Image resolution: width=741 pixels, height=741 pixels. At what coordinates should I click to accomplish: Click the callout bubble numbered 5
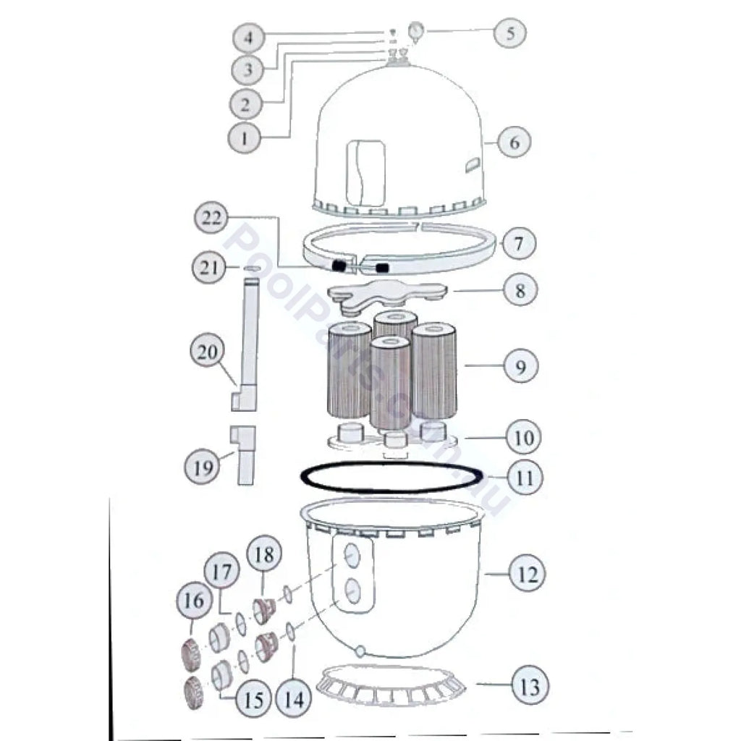tap(510, 33)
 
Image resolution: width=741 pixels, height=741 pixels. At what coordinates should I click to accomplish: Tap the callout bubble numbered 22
tap(211, 218)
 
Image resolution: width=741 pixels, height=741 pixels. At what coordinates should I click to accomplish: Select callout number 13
tap(529, 685)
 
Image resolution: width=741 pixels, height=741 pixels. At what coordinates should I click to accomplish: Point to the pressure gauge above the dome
tap(416, 31)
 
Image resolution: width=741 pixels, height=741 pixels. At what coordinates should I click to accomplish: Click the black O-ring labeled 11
tap(392, 477)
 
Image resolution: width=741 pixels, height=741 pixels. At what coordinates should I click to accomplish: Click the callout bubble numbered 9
tap(520, 366)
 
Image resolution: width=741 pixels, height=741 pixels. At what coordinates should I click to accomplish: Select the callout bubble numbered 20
tap(206, 351)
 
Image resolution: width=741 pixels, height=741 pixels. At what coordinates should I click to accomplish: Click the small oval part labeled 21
tap(252, 268)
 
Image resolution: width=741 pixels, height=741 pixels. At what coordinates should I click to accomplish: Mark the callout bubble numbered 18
tap(264, 554)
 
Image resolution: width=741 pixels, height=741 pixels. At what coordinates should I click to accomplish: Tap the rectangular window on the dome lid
tap(365, 172)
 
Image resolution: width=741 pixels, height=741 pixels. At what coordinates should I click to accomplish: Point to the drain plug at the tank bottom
tap(360, 651)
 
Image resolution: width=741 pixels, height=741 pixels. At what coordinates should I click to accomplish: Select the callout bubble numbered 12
tap(527, 574)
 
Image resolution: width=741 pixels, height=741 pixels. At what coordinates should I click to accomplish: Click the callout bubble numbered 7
tap(519, 243)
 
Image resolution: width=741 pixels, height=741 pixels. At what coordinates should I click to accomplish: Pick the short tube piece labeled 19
tap(242, 454)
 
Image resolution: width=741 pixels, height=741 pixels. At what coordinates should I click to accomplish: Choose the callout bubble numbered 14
tap(294, 698)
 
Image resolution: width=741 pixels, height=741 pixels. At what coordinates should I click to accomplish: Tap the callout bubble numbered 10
tap(523, 438)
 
